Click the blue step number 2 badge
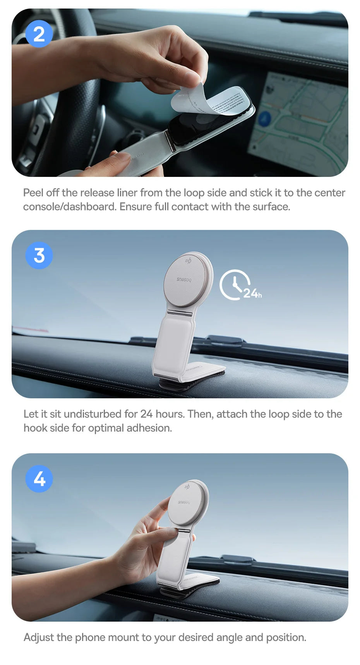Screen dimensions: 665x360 (x=39, y=34)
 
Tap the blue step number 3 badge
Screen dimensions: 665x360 (x=39, y=255)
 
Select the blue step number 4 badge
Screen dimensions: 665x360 (x=39, y=479)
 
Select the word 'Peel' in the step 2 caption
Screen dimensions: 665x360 (x=33, y=193)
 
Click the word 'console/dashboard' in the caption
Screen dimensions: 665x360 (x=69, y=207)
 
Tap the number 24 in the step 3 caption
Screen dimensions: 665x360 (x=146, y=414)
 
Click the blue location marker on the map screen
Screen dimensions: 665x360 (x=265, y=118)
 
